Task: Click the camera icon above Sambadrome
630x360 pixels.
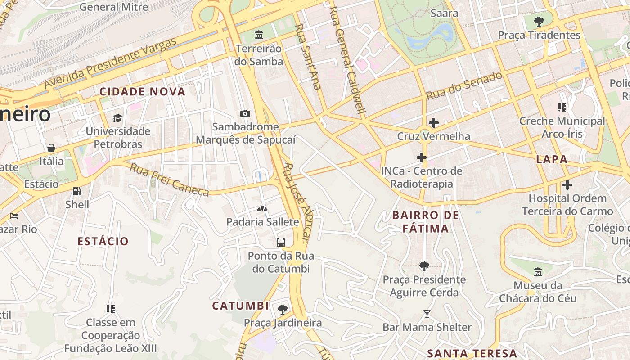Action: tap(245, 113)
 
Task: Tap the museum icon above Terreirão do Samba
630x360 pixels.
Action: tap(259, 35)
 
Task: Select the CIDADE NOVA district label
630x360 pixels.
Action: tap(142, 92)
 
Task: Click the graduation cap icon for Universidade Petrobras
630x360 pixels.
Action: tap(117, 118)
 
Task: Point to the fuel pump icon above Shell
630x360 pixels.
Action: tap(77, 191)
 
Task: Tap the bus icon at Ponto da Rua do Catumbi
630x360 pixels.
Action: tap(281, 243)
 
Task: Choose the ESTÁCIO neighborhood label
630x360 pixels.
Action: tap(103, 241)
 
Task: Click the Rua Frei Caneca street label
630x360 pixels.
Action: tap(170, 180)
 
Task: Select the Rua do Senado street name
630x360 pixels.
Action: tap(464, 85)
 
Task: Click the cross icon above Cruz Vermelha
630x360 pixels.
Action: tap(434, 123)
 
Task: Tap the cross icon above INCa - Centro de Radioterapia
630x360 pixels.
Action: tap(422, 157)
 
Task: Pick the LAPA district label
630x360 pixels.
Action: tap(552, 159)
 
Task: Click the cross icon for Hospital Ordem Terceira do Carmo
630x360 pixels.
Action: tap(567, 185)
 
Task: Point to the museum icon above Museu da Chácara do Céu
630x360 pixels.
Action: tap(538, 272)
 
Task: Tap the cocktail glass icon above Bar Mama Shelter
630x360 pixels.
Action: tap(427, 314)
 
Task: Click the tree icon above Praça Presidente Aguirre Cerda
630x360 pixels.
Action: tap(424, 266)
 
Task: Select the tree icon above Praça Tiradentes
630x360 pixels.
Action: tap(539, 21)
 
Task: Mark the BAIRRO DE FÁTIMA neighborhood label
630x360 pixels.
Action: tap(425, 221)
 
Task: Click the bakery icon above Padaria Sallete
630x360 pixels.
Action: tap(262, 209)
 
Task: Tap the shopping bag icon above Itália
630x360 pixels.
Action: tap(51, 148)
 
